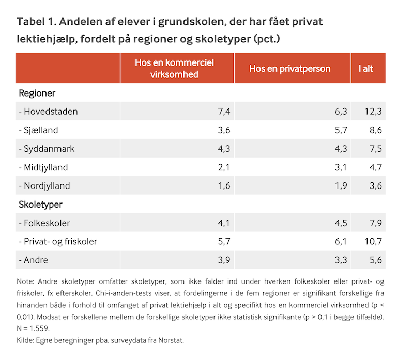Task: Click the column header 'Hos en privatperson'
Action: point(289,68)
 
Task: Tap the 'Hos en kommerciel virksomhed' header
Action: point(174,68)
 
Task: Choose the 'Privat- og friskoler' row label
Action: point(58,242)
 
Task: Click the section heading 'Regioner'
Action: point(37,93)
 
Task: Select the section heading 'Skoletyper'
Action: point(40,205)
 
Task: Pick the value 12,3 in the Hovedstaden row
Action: point(372,112)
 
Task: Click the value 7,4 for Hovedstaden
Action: point(224,112)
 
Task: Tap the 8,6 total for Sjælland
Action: point(374,130)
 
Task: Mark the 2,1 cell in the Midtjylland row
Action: point(224,167)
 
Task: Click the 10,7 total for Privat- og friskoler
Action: point(372,242)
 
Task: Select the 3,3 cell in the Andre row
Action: point(341,260)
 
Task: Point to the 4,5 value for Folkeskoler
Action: point(341,223)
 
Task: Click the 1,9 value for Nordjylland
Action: point(341,186)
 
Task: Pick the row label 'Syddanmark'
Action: point(47,149)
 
